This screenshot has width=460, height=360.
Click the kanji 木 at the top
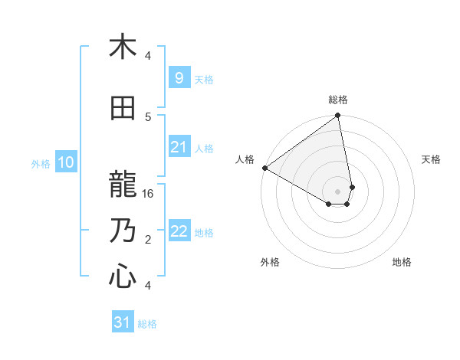coord(123,47)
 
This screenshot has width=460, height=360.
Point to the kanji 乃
coord(123,230)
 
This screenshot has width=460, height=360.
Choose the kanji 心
coord(123,276)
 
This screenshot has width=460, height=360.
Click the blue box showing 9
coord(179,77)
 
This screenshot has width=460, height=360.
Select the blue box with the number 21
coord(179,147)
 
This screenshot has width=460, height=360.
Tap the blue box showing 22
coord(179,231)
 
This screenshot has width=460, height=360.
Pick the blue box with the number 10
coord(65,162)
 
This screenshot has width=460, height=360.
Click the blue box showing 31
coord(123,322)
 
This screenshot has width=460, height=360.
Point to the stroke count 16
coord(149,194)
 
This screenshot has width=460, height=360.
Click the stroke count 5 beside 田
coord(148,116)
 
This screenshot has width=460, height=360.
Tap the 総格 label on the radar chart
coord(338,100)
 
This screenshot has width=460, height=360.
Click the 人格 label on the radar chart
coord(245,159)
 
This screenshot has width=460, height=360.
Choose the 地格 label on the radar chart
coord(402,262)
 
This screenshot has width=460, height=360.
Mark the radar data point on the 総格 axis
coord(338,116)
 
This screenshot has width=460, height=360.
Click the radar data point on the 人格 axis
coord(264,168)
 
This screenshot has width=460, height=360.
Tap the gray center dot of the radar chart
coord(337,190)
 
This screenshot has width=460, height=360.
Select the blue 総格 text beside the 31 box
coord(147,324)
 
